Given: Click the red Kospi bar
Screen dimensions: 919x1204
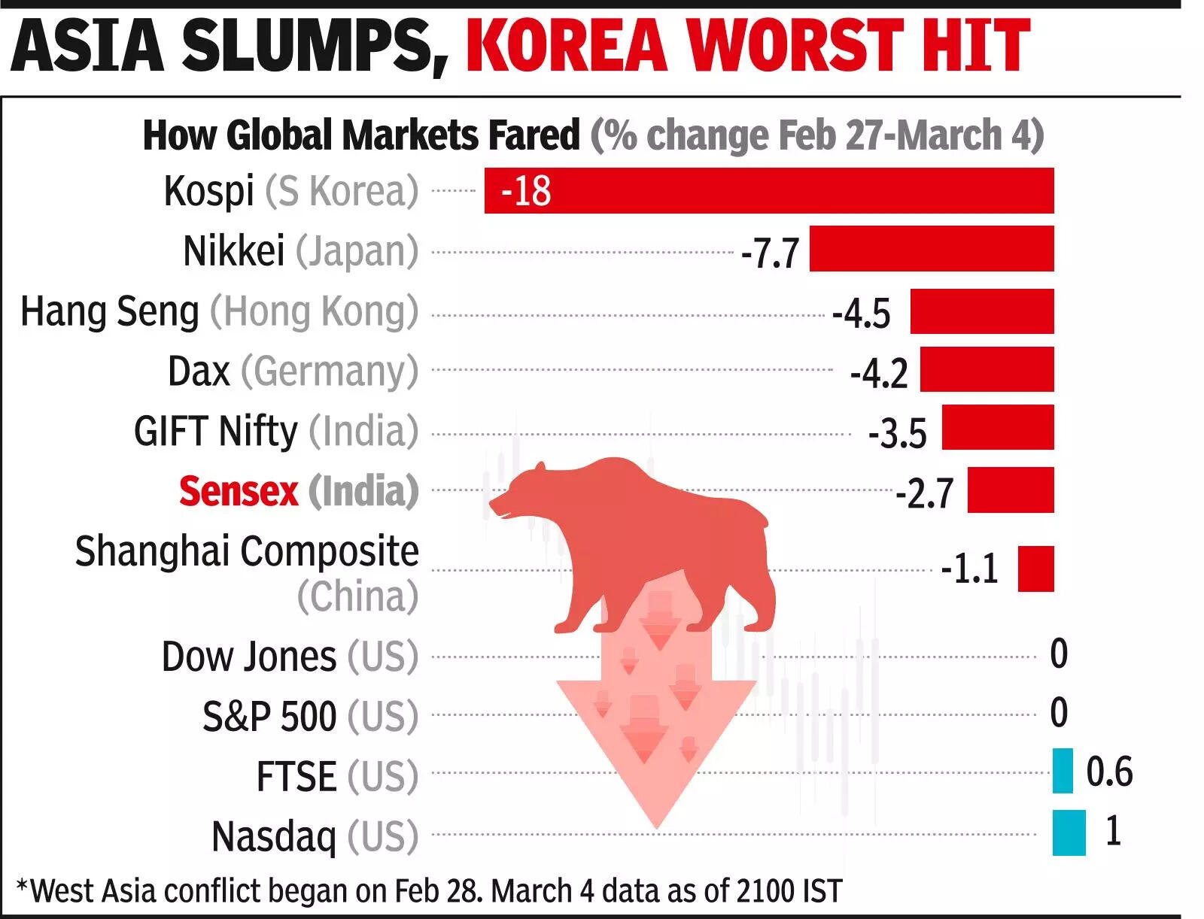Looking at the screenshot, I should click(768, 191).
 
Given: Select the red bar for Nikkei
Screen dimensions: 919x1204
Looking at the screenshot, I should click(931, 249).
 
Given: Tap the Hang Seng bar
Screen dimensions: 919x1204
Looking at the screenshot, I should click(981, 311).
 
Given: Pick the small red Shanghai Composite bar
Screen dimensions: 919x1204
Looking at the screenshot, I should click(1035, 569).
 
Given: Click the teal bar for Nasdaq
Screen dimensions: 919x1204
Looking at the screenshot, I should click(1069, 833).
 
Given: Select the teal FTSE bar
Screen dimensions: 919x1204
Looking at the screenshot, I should click(1062, 771).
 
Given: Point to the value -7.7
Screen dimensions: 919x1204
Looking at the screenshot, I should click(769, 253).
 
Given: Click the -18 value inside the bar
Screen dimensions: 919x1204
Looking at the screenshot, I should click(525, 191).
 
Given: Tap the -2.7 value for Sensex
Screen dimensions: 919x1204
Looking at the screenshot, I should click(924, 493).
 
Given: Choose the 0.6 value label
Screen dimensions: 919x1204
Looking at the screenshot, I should click(1108, 772).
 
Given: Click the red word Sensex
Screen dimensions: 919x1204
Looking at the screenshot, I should click(239, 491).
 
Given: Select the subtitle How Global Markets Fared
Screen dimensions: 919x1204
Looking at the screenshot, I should click(361, 135).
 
